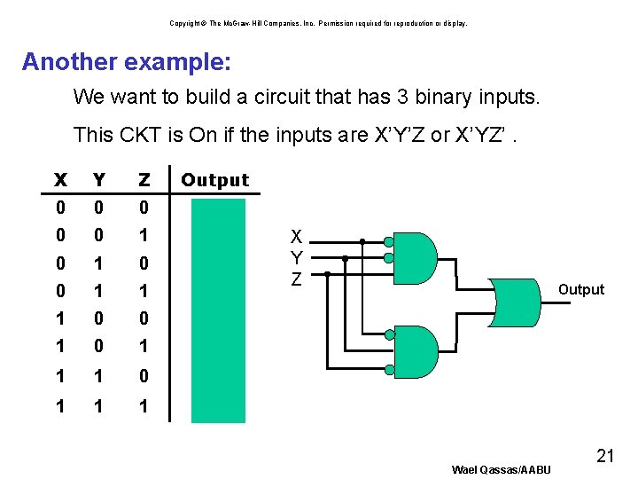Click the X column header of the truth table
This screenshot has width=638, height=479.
[60, 180]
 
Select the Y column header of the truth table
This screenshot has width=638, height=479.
[99, 180]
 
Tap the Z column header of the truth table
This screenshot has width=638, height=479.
[144, 180]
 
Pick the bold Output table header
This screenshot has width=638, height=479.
[215, 180]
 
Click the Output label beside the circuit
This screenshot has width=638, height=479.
[580, 290]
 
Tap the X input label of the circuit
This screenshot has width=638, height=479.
[297, 237]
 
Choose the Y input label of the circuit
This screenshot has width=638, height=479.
[297, 258]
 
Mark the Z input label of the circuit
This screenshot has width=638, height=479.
[297, 279]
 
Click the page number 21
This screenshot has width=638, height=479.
[605, 457]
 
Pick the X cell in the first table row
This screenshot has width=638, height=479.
[60, 208]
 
